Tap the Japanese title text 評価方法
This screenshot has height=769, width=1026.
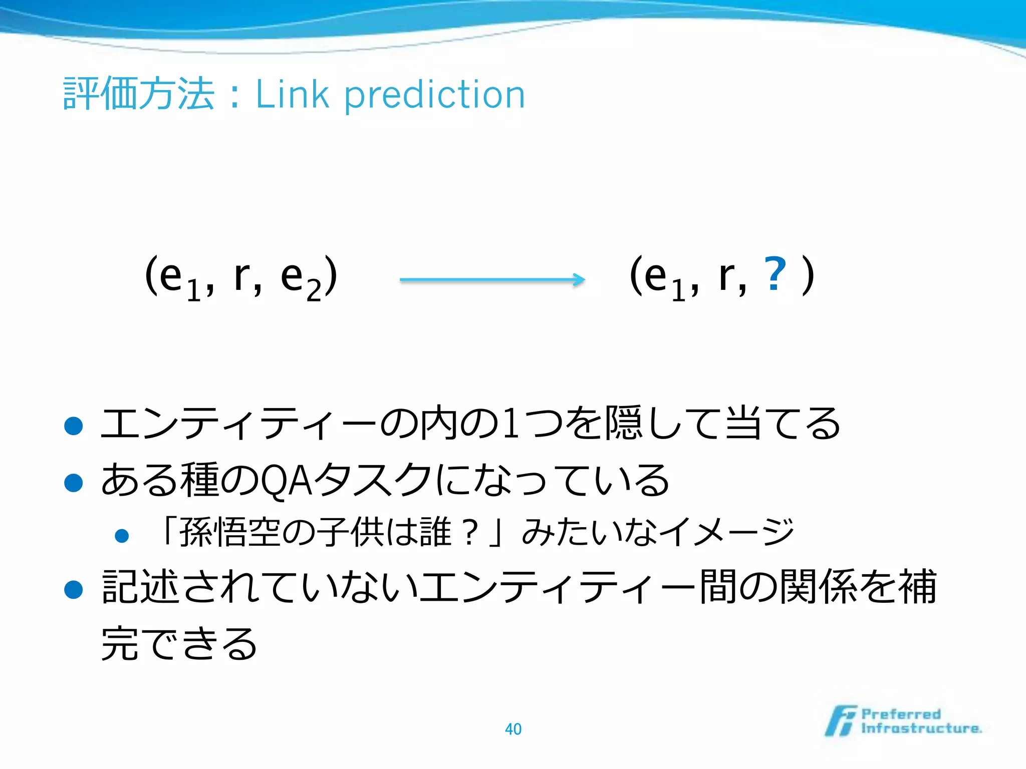click(x=139, y=94)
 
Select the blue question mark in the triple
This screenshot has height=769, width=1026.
click(x=775, y=274)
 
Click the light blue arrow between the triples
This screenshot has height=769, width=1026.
click(x=492, y=279)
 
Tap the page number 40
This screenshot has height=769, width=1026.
click(x=513, y=729)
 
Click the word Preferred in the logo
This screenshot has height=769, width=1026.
click(x=901, y=714)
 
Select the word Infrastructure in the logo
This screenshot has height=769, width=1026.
click(x=921, y=728)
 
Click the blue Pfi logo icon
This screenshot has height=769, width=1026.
click(x=841, y=721)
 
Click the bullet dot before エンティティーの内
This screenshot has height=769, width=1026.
click(x=74, y=426)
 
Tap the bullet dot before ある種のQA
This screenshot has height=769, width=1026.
click(x=74, y=483)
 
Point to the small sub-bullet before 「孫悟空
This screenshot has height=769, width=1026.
click(x=122, y=536)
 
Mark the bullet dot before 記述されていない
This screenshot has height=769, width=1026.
click(x=74, y=589)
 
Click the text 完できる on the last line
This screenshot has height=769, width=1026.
click(x=179, y=644)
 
